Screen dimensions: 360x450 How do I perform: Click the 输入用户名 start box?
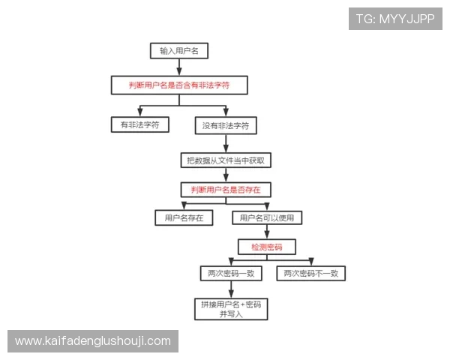179,51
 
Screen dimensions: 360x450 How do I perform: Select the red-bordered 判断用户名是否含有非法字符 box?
179,85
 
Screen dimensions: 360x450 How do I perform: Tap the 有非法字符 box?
140,124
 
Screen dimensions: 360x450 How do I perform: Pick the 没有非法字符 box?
226,125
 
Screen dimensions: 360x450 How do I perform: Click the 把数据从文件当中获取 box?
226,160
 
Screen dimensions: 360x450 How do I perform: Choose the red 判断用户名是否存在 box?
226,189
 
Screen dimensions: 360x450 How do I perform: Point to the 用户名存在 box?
184,217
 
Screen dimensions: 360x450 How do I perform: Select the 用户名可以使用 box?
268,217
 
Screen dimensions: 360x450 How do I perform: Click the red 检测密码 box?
267,246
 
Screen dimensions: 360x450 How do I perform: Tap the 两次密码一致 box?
231,274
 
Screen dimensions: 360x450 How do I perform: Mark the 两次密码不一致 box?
311,274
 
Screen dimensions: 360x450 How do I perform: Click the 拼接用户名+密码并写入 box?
231,309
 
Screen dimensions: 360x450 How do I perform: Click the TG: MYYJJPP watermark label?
396,18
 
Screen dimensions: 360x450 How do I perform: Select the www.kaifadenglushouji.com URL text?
93,341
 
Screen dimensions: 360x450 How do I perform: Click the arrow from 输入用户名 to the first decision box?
179,67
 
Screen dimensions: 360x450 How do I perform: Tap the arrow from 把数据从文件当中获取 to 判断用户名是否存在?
226,175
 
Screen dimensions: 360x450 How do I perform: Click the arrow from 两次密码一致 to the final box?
231,289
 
